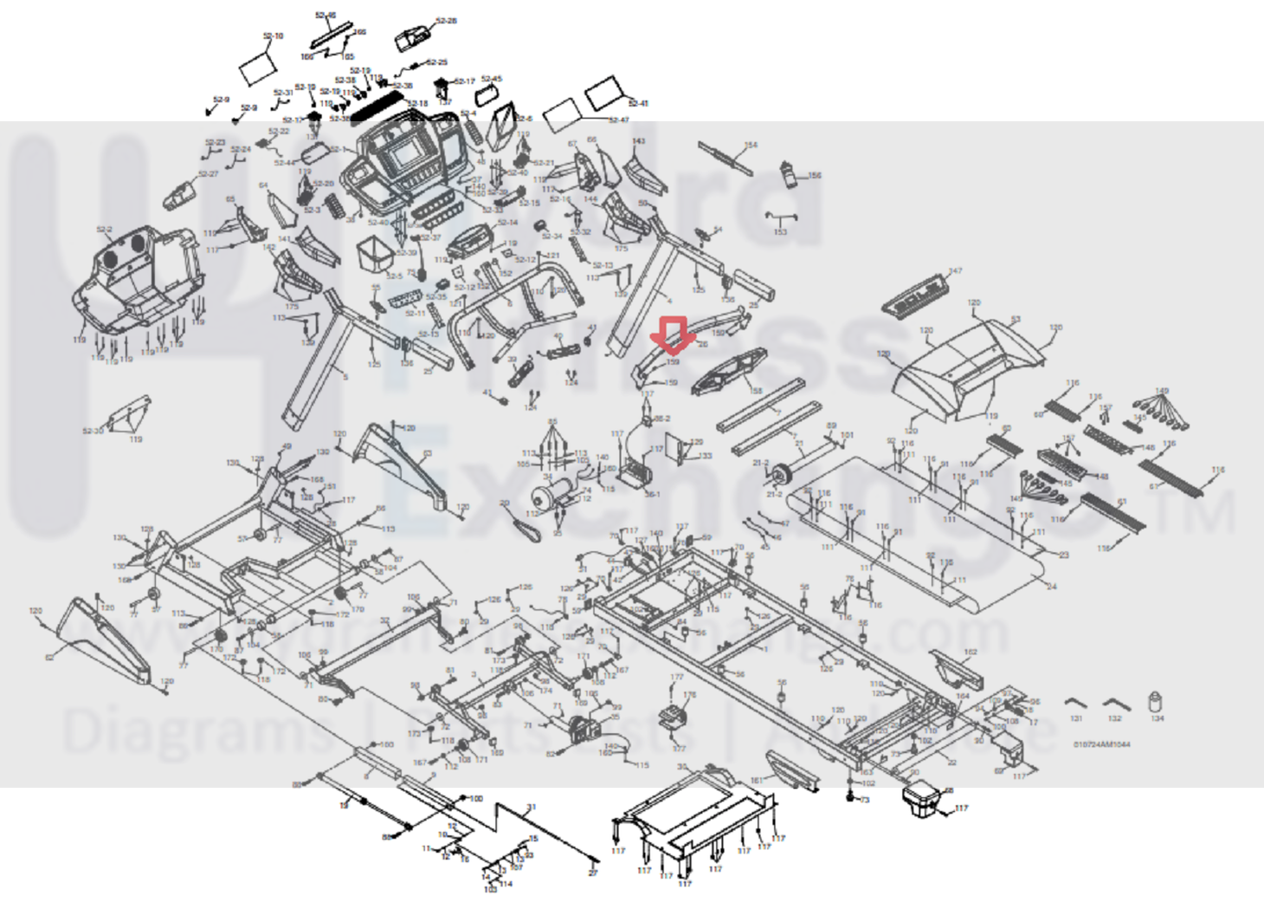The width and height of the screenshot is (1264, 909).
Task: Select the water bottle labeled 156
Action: click(x=789, y=173)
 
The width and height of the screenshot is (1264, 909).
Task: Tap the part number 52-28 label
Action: click(x=446, y=21)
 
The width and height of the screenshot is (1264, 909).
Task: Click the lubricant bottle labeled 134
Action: click(x=1155, y=700)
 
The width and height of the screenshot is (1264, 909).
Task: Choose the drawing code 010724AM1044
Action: click(x=1101, y=744)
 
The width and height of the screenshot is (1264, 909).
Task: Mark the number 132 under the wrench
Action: click(x=1114, y=718)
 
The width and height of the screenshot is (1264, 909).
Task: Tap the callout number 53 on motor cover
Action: click(x=1016, y=320)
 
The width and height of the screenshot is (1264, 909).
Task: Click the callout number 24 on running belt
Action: click(x=1053, y=587)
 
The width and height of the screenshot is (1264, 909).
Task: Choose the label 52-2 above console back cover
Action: click(x=105, y=230)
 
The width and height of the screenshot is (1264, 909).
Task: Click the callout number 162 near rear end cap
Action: click(x=970, y=652)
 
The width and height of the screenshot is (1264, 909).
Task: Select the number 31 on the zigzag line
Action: click(x=531, y=808)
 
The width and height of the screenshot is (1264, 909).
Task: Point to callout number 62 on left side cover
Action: click(x=49, y=659)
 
